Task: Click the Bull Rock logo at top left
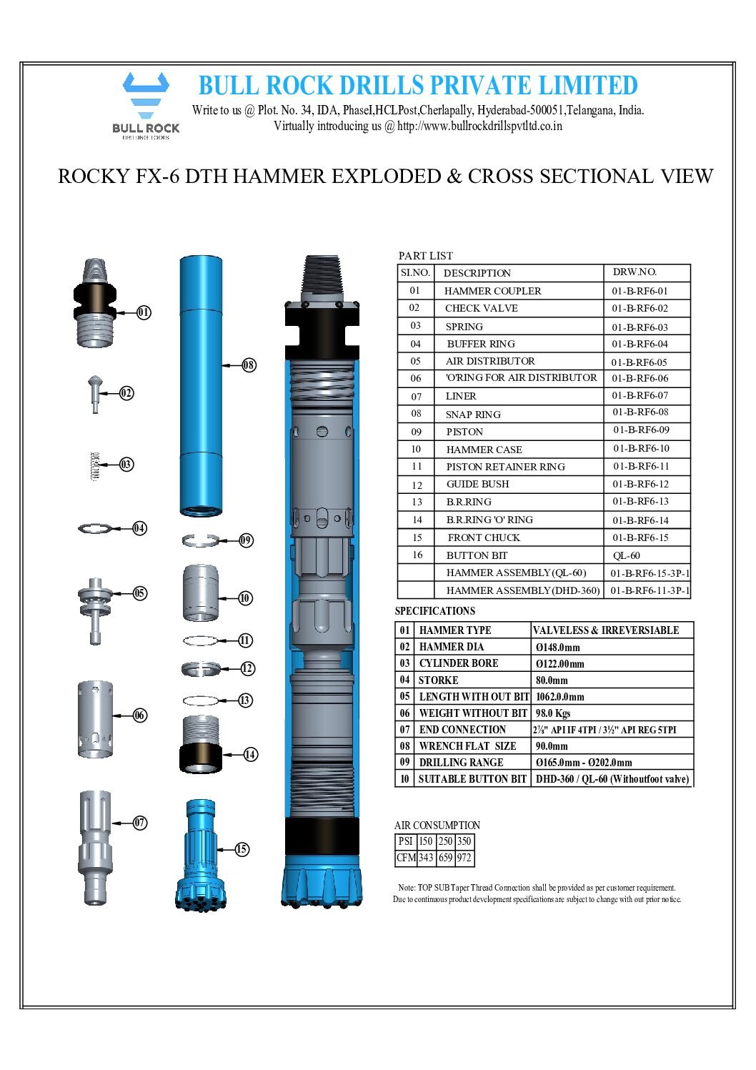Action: point(146,104)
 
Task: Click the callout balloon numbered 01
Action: point(144,312)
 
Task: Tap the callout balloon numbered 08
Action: point(248,365)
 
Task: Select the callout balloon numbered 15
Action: point(242,849)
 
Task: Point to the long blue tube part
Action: point(200,385)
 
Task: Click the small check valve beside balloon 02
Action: point(94,393)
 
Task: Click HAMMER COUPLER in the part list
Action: point(492,291)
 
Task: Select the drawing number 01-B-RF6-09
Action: point(641,430)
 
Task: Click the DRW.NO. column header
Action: point(634,272)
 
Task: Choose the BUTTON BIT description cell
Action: point(477,555)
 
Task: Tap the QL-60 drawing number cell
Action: point(627,555)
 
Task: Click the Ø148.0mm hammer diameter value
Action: point(558,648)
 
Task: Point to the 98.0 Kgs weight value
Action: point(553,713)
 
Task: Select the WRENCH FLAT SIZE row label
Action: point(467,746)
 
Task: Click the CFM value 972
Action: point(464,858)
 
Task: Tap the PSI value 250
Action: point(445,841)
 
